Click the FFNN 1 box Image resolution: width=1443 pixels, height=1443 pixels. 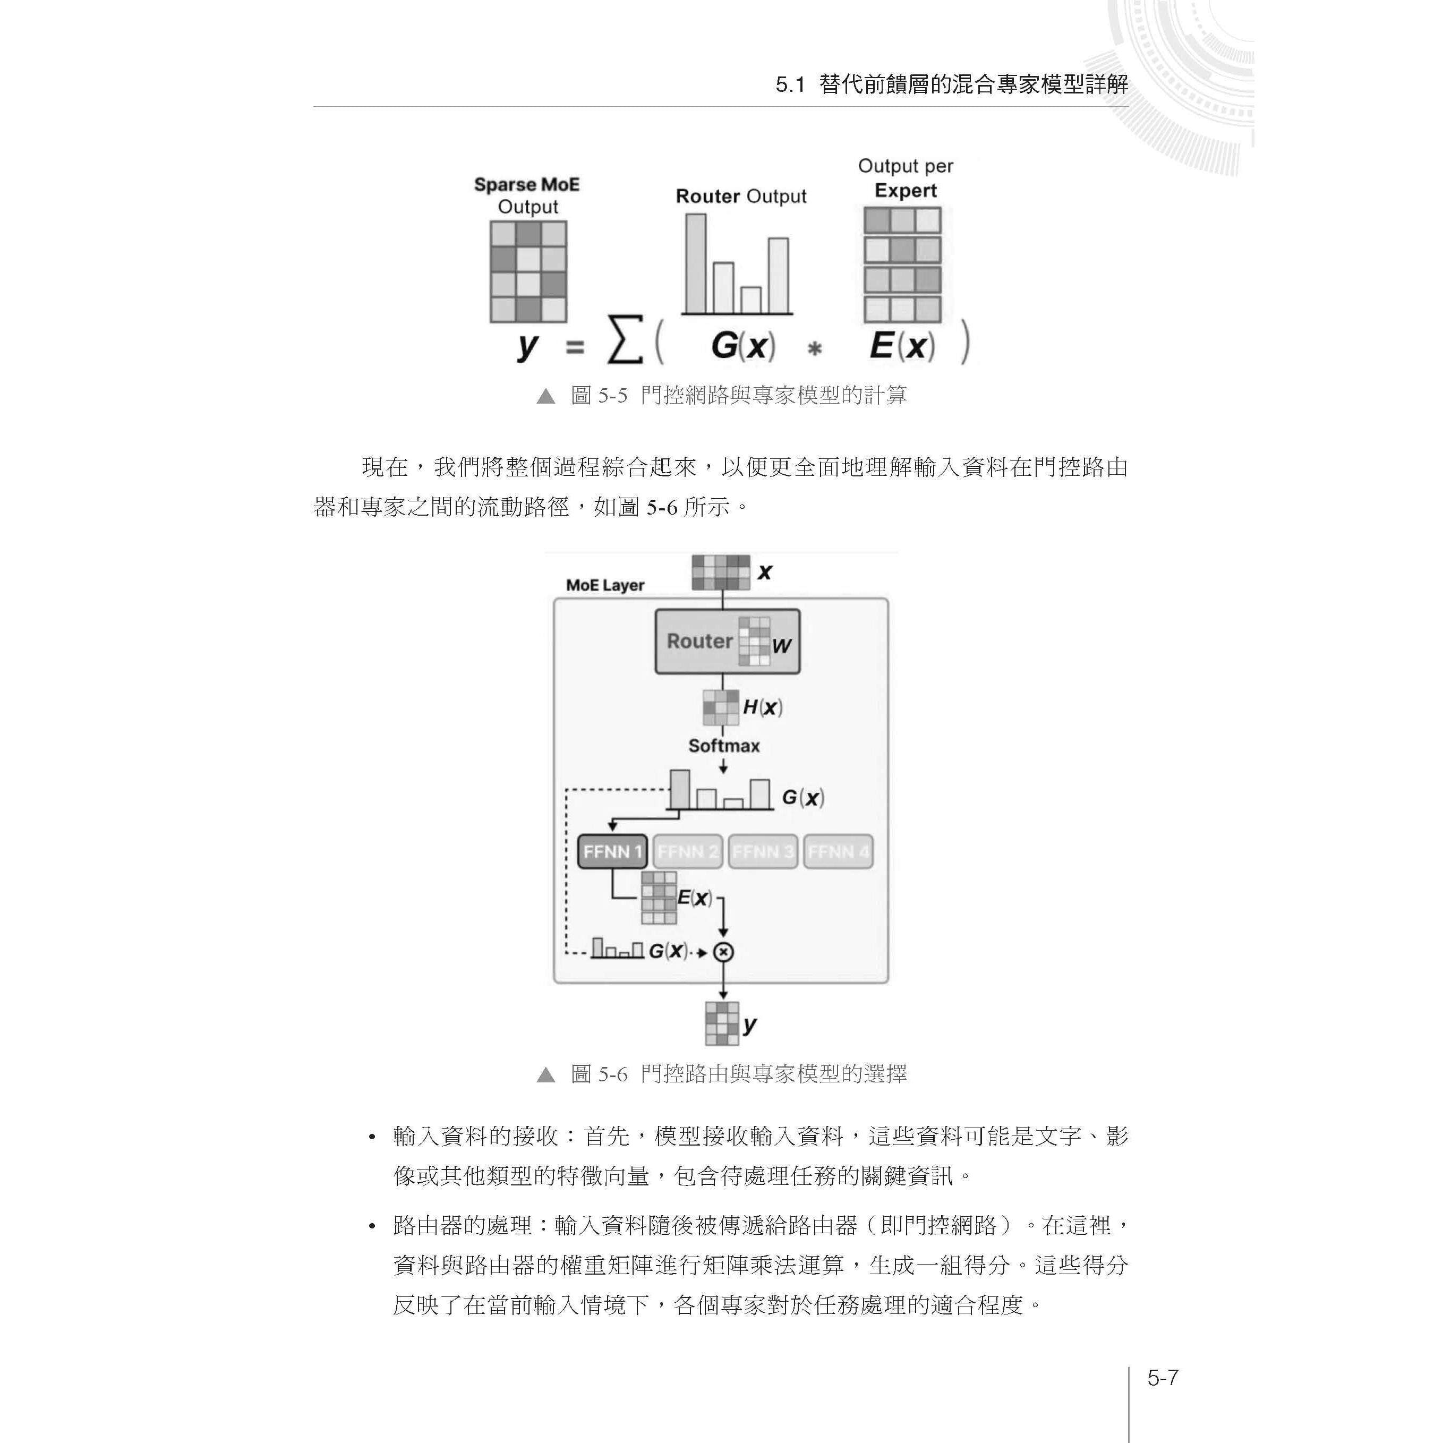(612, 851)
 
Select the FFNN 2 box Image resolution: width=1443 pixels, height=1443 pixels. (688, 851)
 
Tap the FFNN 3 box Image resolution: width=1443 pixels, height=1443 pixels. (763, 851)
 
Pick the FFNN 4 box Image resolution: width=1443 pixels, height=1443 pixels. (838, 851)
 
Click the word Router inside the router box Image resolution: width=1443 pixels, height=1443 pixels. (699, 641)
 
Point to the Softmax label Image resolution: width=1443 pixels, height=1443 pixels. (724, 746)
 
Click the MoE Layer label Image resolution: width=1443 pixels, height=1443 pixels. (605, 585)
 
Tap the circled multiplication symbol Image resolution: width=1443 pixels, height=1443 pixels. (723, 952)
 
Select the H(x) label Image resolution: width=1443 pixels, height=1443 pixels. (762, 706)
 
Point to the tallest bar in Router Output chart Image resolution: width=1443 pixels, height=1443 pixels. (695, 263)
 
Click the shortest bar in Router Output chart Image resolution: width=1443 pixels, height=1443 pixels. (750, 300)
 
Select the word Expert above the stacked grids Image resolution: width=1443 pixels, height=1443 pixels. (905, 191)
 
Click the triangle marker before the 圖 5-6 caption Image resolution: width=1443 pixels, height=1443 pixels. (546, 1075)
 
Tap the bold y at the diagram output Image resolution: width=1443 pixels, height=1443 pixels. (750, 1024)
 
